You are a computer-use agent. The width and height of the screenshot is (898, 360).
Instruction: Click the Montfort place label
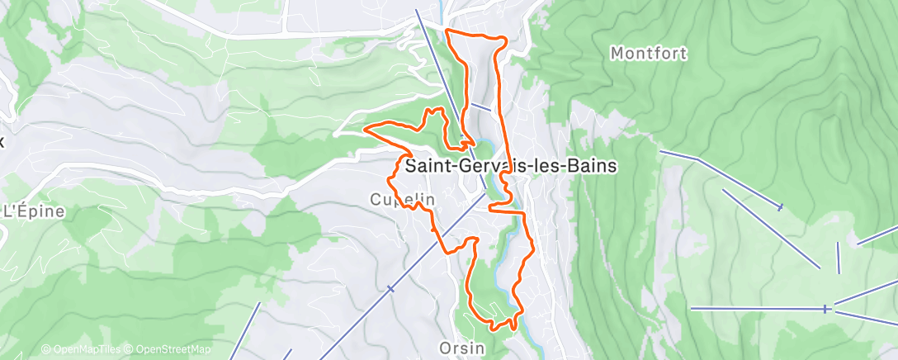[x=649, y=54]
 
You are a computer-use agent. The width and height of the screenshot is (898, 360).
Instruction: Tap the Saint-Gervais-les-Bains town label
[x=511, y=165]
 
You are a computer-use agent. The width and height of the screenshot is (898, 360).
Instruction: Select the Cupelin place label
[x=402, y=201]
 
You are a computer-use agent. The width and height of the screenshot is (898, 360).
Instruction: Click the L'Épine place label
[x=34, y=211]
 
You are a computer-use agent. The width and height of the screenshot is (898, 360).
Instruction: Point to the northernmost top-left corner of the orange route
[x=447, y=31]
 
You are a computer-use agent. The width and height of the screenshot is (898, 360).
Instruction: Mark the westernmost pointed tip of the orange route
[x=365, y=129]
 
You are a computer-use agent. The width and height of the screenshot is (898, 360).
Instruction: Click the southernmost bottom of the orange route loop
[x=494, y=328]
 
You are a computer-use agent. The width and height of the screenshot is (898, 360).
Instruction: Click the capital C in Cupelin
[x=376, y=201]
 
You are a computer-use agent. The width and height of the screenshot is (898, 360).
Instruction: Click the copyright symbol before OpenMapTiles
[x=46, y=350]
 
